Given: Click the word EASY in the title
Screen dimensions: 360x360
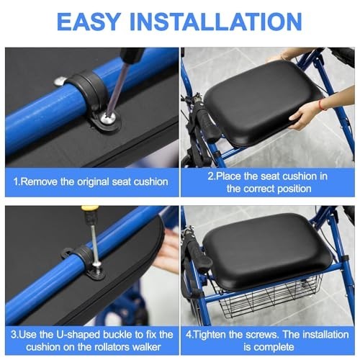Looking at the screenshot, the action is point(89,22).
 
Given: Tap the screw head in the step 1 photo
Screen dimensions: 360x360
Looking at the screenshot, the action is point(108,118).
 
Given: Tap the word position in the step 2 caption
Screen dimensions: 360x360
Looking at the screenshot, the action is point(294,189).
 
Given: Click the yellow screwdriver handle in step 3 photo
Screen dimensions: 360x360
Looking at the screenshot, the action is point(89,212).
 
